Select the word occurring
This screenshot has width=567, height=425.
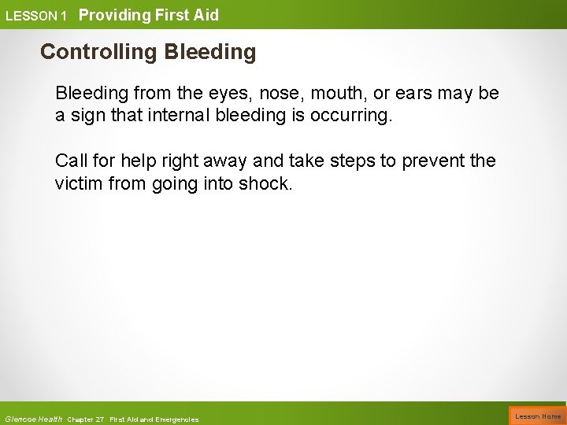[353, 116]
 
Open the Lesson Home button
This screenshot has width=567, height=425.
[538, 416]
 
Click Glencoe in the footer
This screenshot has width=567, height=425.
[20, 419]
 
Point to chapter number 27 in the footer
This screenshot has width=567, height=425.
[101, 419]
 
